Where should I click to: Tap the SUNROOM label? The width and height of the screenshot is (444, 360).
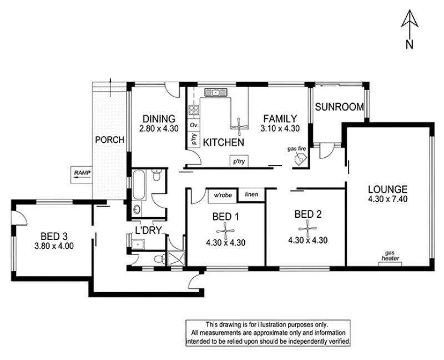tap(339, 107)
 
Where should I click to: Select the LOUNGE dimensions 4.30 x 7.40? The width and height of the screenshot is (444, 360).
tap(387, 199)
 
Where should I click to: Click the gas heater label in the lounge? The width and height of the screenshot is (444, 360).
tap(391, 256)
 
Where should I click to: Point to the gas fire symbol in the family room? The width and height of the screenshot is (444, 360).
tap(300, 158)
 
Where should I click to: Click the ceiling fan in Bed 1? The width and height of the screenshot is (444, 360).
tap(225, 231)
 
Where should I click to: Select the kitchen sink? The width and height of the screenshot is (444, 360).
tap(216, 92)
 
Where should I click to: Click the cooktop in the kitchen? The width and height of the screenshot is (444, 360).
tap(194, 110)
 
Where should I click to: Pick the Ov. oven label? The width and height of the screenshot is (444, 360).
tap(194, 125)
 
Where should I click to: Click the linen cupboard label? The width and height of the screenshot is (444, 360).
tap(251, 194)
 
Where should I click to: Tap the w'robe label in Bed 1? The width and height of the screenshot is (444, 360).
tap(223, 195)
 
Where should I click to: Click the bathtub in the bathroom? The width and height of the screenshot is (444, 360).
tap(139, 185)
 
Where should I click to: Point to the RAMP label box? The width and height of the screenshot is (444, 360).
tap(82, 174)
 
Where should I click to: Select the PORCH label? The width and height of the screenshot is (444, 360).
tap(109, 140)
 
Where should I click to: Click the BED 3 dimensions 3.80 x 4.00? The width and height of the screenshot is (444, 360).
tap(54, 246)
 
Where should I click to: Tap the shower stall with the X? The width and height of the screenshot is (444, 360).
tap(176, 258)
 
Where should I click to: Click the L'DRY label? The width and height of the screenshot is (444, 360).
tap(148, 230)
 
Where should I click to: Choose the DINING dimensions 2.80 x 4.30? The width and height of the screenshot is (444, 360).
tap(159, 128)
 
